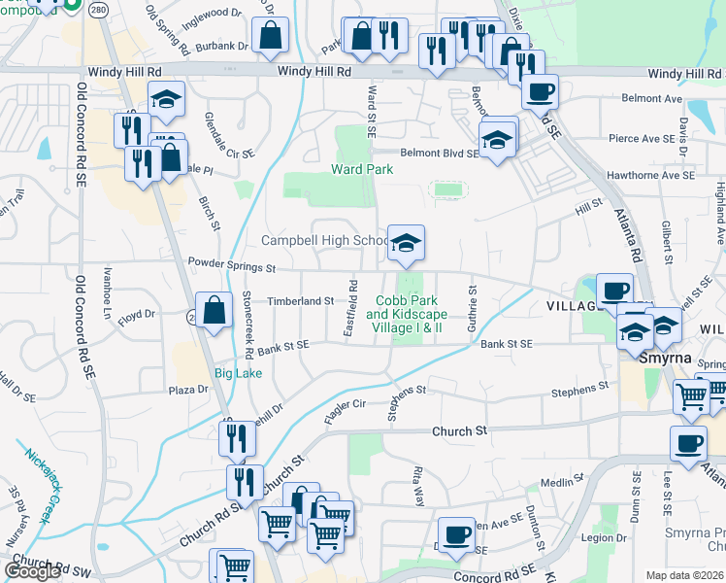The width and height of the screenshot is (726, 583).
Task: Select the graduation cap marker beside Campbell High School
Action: [406, 243]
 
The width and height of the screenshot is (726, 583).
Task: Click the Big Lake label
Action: [237, 373]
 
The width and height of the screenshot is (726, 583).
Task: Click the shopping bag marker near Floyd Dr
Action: [214, 311]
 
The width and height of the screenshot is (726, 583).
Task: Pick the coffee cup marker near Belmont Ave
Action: [540, 93]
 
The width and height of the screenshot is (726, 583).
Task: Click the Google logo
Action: [32, 570]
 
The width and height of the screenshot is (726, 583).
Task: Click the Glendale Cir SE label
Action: [229, 135]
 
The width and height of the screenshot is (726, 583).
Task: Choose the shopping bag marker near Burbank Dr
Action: [270, 36]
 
